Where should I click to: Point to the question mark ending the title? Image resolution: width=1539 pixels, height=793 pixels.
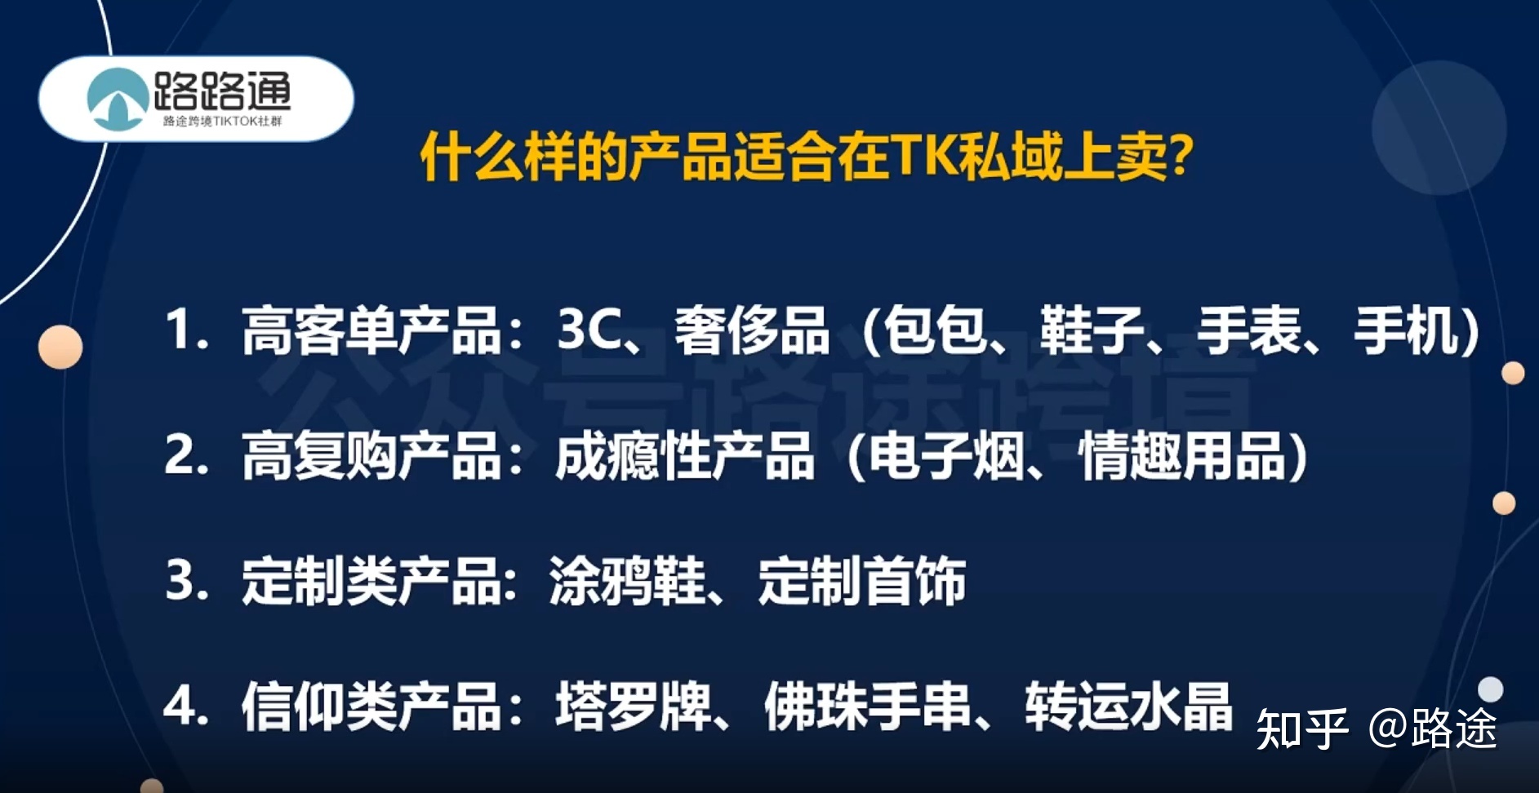click(1181, 156)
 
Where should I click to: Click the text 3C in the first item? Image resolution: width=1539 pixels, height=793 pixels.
click(589, 330)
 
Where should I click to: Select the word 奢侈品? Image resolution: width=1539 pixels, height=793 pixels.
click(751, 331)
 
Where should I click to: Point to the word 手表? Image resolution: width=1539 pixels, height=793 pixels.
click(1248, 331)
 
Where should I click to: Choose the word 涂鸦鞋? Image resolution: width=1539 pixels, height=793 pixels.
click(627, 581)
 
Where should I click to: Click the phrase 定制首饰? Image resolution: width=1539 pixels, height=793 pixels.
click(862, 581)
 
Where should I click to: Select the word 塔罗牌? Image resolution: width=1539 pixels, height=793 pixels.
click(634, 706)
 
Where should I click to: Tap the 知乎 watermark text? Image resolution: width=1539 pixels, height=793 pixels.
click(1301, 729)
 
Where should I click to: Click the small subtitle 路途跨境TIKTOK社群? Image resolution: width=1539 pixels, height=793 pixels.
click(222, 122)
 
